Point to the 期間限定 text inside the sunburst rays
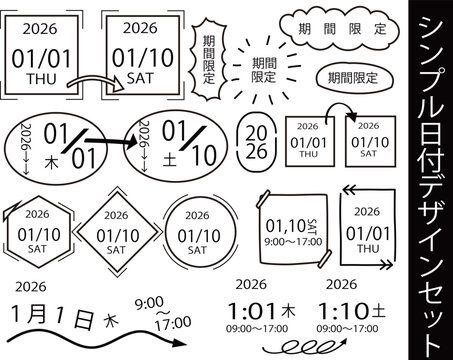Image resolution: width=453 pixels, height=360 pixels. (264, 70)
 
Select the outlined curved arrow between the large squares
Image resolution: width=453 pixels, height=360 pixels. (96, 82)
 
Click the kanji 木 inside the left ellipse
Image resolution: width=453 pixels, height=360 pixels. (51, 162)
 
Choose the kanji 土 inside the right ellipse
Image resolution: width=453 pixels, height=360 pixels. (170, 160)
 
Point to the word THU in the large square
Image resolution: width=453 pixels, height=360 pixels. (42, 79)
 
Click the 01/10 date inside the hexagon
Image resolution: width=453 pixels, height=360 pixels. (39, 235)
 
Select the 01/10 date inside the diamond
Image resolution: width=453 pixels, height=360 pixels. (118, 236)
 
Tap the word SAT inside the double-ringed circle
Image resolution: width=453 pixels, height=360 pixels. (197, 250)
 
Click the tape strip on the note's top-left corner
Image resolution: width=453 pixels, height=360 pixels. (264, 198)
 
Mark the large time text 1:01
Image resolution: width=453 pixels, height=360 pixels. (252, 311)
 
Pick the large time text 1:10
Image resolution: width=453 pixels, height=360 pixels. (343, 311)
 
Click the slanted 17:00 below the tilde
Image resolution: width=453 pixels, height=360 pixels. (173, 323)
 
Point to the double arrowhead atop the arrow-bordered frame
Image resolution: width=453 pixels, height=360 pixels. (349, 191)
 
